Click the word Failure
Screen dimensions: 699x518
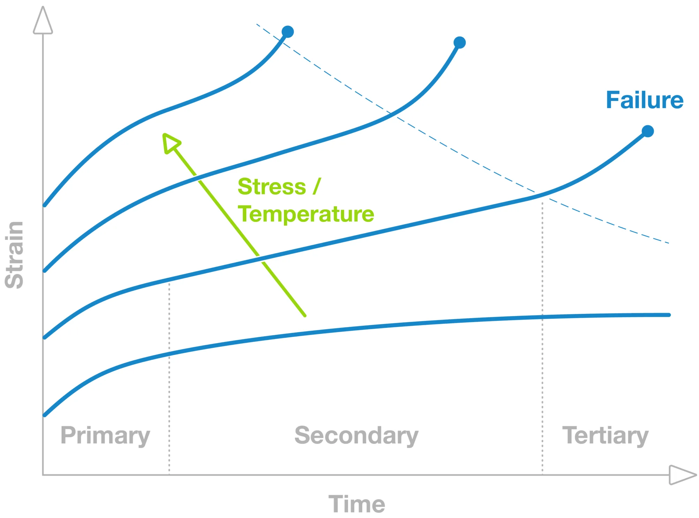coord(645,100)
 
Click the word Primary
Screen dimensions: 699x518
coord(105,436)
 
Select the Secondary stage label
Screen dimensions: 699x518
coord(356,436)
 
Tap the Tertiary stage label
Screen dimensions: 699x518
coord(605,436)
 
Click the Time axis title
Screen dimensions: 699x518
coord(357,504)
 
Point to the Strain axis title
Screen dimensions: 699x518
coord(15,255)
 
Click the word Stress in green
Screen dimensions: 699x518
coord(272,187)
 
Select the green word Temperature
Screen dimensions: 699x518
coord(306,213)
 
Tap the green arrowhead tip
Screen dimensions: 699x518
coord(163,134)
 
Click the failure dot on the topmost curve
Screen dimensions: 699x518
coord(288,32)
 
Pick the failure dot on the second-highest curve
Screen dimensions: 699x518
coord(460,43)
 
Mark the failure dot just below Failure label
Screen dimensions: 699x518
coord(648,131)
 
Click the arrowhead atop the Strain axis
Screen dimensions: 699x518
coord(43,20)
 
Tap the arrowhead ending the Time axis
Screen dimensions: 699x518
coord(683,475)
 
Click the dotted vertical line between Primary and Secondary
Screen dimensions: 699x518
coord(170,378)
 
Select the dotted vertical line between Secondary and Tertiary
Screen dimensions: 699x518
coord(542,338)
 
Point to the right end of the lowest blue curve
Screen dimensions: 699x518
coord(669,315)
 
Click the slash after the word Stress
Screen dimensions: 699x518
coord(317,186)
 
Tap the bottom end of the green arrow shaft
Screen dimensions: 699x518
coord(305,316)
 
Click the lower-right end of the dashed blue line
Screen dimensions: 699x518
coord(669,243)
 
